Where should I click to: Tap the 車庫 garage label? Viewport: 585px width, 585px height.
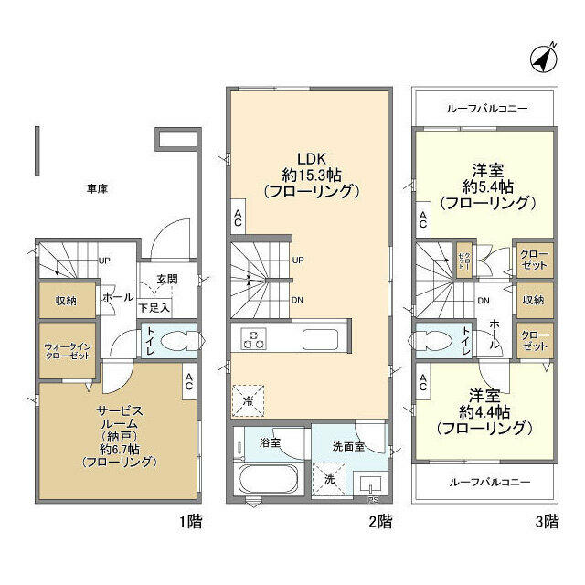tap(98, 189)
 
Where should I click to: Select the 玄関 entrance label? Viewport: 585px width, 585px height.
tap(166, 279)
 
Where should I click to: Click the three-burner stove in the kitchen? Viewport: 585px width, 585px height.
tap(253, 340)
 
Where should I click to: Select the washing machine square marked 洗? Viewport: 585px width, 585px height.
tap(327, 478)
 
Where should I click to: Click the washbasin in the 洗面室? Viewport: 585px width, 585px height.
tap(371, 481)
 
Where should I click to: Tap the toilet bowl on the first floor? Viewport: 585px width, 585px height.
tap(178, 341)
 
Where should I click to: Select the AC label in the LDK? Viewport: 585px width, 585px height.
tap(238, 216)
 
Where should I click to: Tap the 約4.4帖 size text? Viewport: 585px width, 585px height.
tap(482, 410)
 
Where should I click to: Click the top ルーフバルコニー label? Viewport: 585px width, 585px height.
tap(486, 109)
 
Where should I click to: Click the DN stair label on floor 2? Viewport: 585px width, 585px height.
tap(298, 299)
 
